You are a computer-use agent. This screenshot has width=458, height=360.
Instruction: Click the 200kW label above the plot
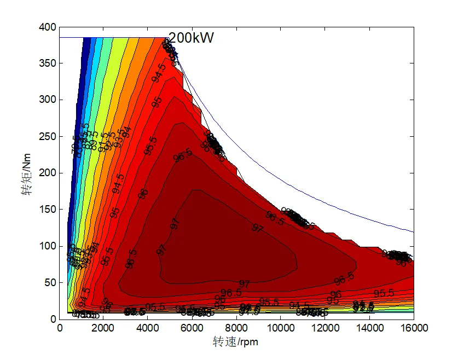[x=190, y=38]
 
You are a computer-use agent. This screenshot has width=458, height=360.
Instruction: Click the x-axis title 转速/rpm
[x=235, y=342]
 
